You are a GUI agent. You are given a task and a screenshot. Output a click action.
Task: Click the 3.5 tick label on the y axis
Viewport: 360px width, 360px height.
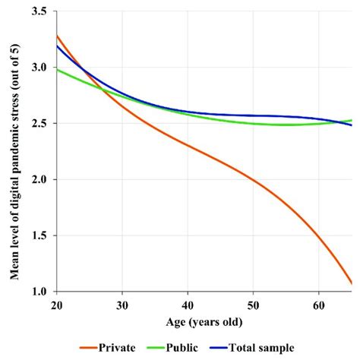[38, 12]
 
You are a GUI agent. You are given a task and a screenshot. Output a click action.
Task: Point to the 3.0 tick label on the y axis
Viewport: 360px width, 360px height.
[38, 68]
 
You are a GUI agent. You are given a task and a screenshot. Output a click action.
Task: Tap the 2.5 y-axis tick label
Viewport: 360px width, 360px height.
[38, 124]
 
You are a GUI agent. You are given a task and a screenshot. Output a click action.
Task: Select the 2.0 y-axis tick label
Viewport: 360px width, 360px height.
[38, 179]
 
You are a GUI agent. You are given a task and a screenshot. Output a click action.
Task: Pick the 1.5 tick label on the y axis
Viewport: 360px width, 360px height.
[38, 235]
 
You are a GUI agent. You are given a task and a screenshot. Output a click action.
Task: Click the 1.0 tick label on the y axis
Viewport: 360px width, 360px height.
[38, 292]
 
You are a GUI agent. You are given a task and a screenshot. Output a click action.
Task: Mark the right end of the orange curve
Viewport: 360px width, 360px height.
[351, 283]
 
